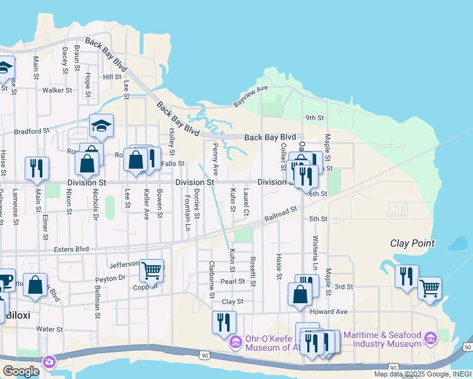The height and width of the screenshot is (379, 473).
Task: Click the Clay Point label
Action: click(x=412, y=243)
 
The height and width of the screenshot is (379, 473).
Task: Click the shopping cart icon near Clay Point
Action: click(x=429, y=288)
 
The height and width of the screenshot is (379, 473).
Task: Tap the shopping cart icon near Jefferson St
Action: click(x=151, y=270)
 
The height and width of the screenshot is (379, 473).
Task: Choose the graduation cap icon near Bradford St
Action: click(x=101, y=125)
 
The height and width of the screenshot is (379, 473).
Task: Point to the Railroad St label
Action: click(x=281, y=214)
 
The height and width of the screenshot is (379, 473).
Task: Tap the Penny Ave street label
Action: click(x=216, y=159)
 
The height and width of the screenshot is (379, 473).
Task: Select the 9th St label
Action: click(x=314, y=118)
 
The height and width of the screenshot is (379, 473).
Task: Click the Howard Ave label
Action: click(x=329, y=312)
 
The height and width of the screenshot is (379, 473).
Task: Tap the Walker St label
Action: click(x=57, y=90)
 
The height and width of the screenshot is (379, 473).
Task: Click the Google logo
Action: click(x=21, y=371)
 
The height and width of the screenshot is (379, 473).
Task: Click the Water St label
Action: click(x=49, y=329)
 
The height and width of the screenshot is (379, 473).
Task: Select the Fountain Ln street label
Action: click(x=188, y=213)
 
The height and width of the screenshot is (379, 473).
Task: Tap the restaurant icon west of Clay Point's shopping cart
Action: click(x=407, y=275)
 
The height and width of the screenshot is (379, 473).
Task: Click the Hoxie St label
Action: click(x=278, y=267)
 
